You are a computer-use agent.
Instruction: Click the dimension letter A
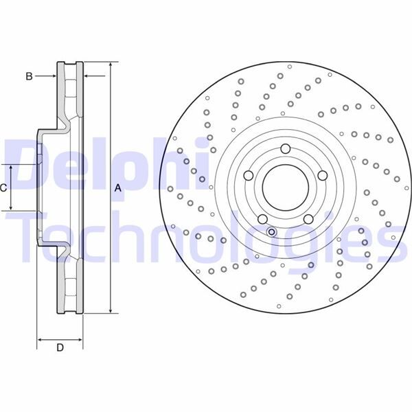pos(117,188)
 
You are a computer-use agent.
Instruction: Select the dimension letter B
pos(29,76)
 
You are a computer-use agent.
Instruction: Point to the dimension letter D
pos(60,348)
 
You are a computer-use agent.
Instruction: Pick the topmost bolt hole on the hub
pos(285,149)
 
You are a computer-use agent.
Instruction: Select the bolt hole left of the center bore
pos(249,175)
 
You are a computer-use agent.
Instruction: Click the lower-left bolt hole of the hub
pos(262,218)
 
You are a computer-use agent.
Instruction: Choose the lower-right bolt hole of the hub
pos(308,218)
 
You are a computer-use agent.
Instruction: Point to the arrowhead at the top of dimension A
pos(110,65)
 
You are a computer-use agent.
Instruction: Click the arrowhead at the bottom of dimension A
pos(110,311)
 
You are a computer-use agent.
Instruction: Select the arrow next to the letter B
pos(51,76)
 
